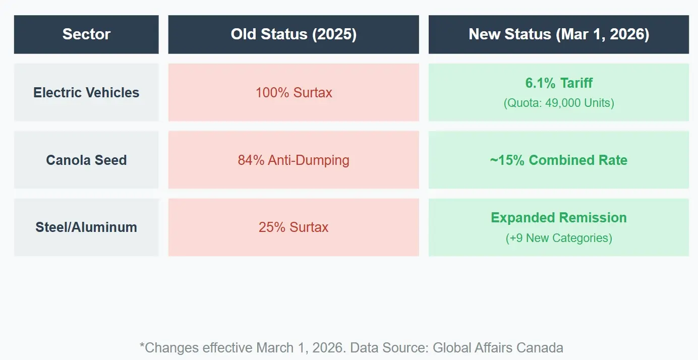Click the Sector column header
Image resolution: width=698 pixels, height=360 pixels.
coord(86,34)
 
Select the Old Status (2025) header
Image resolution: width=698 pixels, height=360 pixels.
coord(294,34)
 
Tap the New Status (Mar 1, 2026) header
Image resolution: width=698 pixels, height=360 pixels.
coord(559,34)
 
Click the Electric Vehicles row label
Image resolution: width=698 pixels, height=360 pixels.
coord(86,93)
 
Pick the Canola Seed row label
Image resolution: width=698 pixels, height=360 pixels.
coord(86,160)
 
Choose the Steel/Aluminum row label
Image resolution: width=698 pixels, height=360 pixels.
coord(86,227)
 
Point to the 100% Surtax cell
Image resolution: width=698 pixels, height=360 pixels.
coord(294,93)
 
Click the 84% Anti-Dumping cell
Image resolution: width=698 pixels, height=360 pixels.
coord(294,160)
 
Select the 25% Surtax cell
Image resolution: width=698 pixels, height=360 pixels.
coord(294,227)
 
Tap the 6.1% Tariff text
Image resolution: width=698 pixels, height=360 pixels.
coord(559,83)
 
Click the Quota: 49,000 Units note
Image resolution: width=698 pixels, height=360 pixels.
coord(559,103)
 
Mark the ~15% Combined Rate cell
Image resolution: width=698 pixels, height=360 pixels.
coord(559,160)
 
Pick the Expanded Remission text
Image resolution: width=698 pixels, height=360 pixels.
coord(559,218)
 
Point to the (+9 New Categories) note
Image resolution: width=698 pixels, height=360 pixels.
coord(559,238)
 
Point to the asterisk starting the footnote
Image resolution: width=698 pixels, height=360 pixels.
coord(142,346)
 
